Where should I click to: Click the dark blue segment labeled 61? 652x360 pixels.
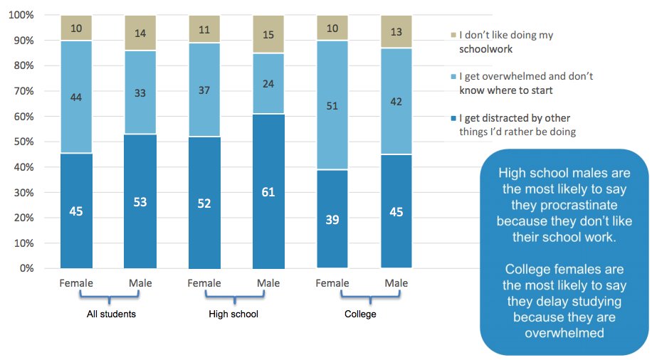click(268, 191)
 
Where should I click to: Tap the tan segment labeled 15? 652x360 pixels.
click(268, 34)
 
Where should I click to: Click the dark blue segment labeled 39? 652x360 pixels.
click(332, 219)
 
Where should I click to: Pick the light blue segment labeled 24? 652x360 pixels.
click(268, 84)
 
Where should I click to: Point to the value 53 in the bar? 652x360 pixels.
click(140, 203)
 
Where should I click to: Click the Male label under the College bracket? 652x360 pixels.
click(396, 283)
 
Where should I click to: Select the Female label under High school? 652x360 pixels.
click(204, 283)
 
